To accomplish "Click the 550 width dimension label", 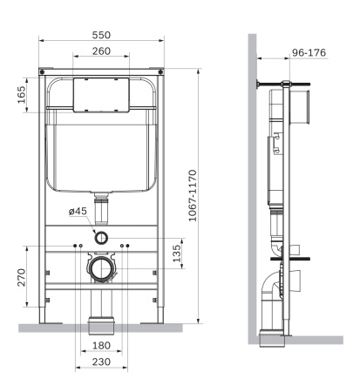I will [x=103, y=35].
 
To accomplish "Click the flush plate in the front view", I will [x=103, y=94].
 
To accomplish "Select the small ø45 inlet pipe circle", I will [x=103, y=237].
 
